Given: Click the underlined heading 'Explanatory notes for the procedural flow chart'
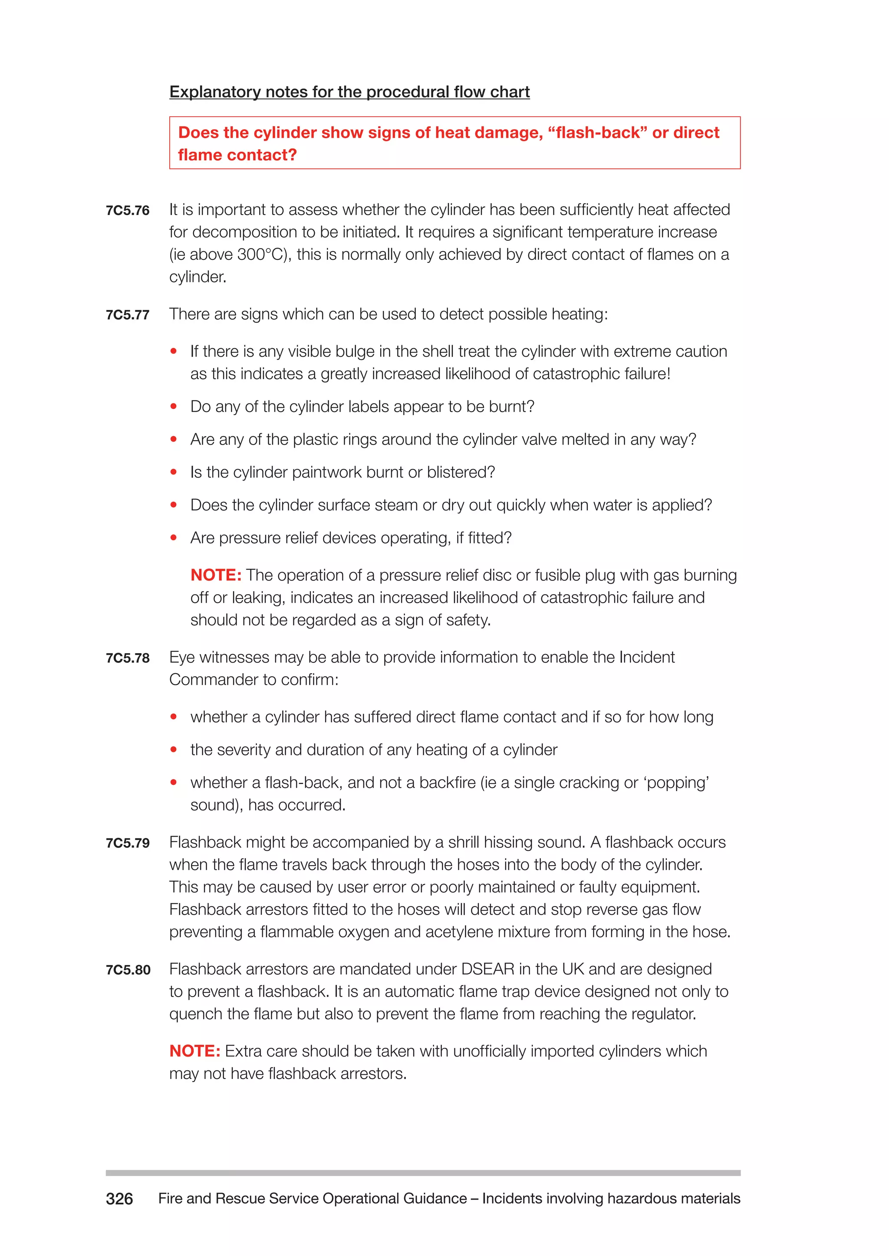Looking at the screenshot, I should tap(349, 92).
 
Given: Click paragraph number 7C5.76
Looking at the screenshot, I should tap(128, 211).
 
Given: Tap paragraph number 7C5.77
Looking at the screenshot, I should tap(128, 315).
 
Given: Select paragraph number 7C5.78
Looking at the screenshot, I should tap(128, 658).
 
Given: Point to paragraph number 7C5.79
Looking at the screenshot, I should tap(128, 843).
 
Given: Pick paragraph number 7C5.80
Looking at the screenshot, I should tap(128, 970).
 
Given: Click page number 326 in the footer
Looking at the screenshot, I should tap(119, 1199).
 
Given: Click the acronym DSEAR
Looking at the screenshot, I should tap(487, 969).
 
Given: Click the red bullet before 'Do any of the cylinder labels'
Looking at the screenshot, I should tap(174, 406).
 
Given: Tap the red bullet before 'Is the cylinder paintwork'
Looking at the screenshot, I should tap(174, 472).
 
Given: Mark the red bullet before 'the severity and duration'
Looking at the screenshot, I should tap(174, 749).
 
